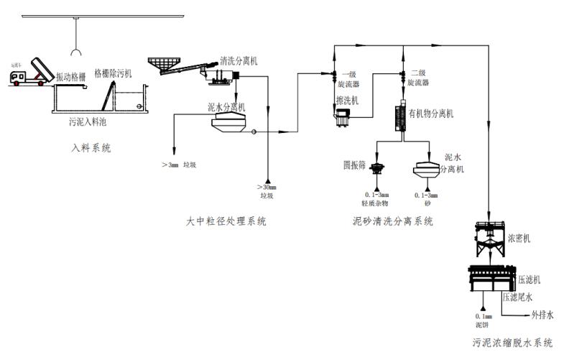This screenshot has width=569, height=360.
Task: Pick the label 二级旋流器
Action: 419,78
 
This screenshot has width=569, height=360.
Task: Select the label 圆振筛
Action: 355,165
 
